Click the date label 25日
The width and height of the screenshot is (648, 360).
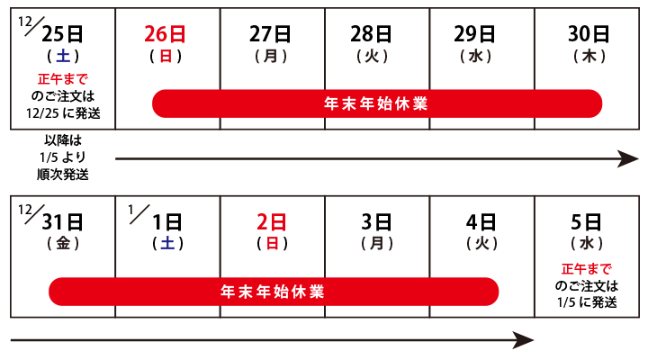pyautogui.click(x=62, y=34)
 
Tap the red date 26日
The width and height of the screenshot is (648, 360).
pyautogui.click(x=165, y=34)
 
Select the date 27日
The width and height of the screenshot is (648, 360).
pyautogui.click(x=270, y=34)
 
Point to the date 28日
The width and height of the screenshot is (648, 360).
pyautogui.click(x=371, y=34)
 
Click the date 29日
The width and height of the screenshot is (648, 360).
pyautogui.click(x=474, y=34)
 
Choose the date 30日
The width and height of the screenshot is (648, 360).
pyautogui.click(x=589, y=34)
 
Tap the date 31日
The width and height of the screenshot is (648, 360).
pyautogui.click(x=62, y=222)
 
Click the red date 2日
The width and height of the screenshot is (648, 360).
pyautogui.click(x=272, y=222)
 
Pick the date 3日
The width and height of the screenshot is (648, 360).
pyautogui.click(x=376, y=222)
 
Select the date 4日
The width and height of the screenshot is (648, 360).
pyautogui.click(x=481, y=222)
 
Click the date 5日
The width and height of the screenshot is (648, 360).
pyautogui.click(x=586, y=222)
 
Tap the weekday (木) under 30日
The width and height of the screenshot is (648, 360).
pyautogui.click(x=589, y=56)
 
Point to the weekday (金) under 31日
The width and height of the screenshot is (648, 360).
pyautogui.click(x=63, y=243)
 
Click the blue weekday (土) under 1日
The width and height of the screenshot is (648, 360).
pyautogui.click(x=167, y=243)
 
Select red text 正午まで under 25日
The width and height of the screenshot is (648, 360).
pyautogui.click(x=63, y=79)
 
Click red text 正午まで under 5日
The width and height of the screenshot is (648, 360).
pyautogui.click(x=587, y=269)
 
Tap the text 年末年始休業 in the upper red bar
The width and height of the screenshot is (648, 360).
pyautogui.click(x=375, y=103)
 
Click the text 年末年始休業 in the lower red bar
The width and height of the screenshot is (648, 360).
pyautogui.click(x=273, y=292)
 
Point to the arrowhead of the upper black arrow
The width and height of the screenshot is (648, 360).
pyautogui.click(x=638, y=158)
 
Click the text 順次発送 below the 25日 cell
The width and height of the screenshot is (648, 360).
pyautogui.click(x=63, y=175)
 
